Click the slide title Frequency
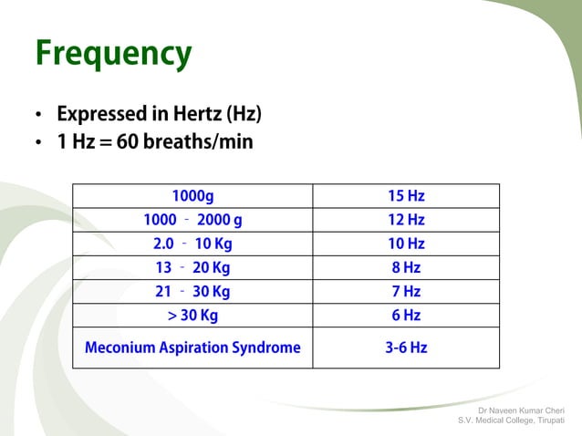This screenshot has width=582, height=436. pos(113,55)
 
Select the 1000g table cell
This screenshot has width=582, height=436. pos(192,196)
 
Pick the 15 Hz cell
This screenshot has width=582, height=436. pos(406,196)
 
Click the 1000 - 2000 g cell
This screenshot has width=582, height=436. pos(192,220)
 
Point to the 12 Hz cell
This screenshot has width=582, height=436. pos(406,220)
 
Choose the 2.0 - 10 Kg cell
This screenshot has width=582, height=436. pos(192,244)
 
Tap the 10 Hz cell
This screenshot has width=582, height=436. pos(406,244)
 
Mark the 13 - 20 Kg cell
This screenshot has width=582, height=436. pos(192,268)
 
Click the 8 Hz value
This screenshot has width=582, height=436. pos(406,268)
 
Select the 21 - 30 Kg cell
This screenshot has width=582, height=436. pos(192,292)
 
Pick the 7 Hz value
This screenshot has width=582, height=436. pos(406,292)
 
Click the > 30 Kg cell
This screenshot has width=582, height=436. pos(192,316)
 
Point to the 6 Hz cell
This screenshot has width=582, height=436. pos(406,316)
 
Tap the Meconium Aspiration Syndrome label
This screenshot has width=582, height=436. pos(192,348)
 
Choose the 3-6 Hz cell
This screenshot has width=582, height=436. pos(406,348)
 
